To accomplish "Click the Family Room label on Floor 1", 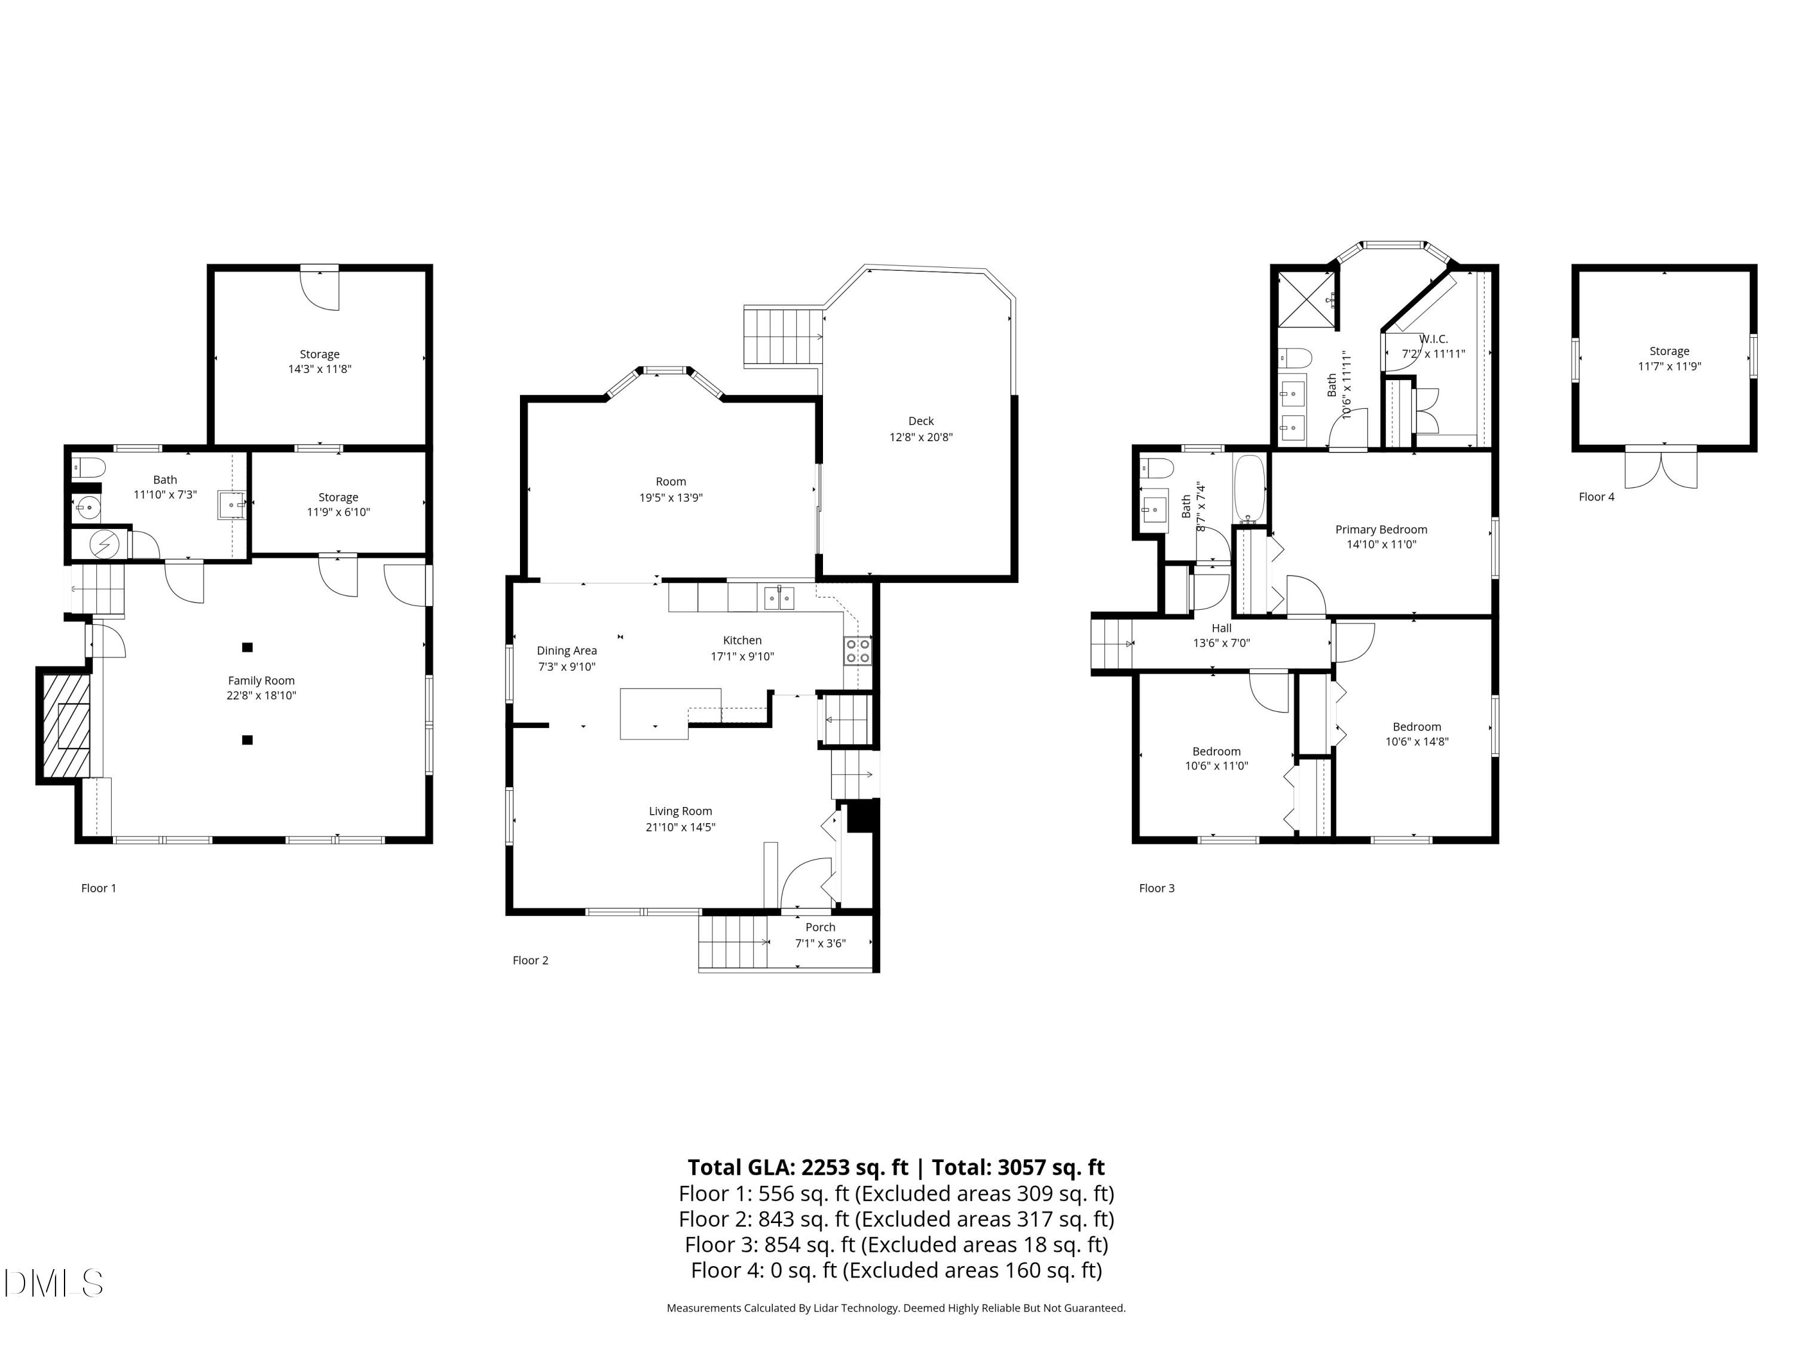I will [x=261, y=681].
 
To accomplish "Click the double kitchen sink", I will [x=779, y=598].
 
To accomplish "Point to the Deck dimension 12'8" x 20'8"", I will [x=921, y=437].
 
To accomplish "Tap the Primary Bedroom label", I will [x=1381, y=530].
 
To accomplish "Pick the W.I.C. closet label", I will [x=1433, y=339].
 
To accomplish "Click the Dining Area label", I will [x=567, y=650].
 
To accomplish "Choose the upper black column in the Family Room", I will [x=247, y=647].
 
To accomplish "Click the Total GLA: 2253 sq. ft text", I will [x=798, y=1167].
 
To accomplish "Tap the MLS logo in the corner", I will [x=54, y=1283].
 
